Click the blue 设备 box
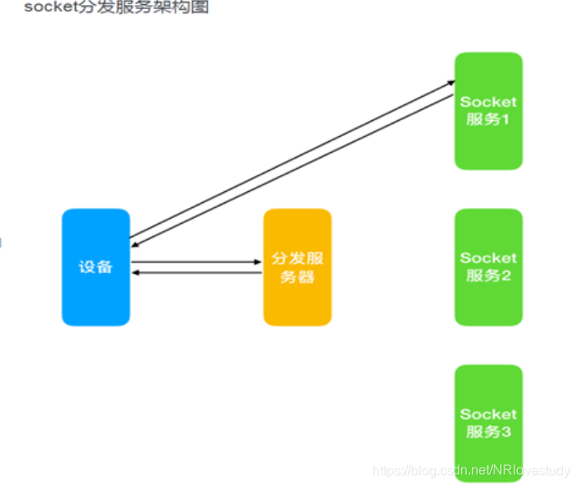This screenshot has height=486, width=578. coord(95,267)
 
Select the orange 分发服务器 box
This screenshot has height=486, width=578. coord(297,267)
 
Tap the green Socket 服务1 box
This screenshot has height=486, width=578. coord(489,110)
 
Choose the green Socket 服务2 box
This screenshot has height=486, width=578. coord(489,267)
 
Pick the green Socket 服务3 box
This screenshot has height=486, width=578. coord(489,423)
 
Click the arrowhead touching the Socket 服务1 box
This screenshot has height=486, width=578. coord(450,83)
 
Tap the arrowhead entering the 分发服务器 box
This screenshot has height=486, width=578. coord(258,262)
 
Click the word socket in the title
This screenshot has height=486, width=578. coord(48,8)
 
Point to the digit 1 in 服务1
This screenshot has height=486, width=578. coord(506,119)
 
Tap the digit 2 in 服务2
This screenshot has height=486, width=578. coord(506,276)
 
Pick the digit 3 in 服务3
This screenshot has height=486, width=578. coord(506,433)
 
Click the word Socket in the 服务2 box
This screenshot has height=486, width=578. coord(489,258)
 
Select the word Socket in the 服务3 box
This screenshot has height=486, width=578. coord(489,414)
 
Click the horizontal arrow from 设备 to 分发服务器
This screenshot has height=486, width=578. coord(196,262)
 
